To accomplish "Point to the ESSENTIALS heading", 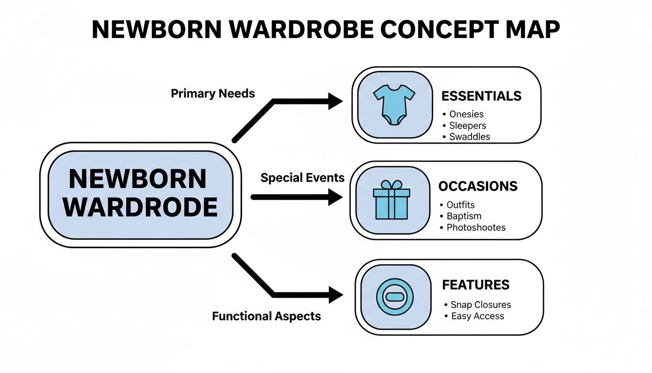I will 481,96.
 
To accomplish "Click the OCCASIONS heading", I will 478,186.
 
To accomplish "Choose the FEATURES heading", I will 475,285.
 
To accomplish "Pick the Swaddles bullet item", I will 470,136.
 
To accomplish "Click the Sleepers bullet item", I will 468,125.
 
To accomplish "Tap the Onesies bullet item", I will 466,115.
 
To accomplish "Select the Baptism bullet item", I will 464,216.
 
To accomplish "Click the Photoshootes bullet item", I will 476,227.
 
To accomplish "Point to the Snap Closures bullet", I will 480,305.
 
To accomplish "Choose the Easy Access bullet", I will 477,316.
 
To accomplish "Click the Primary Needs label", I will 212,94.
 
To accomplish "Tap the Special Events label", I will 302,178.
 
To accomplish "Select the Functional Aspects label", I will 266,317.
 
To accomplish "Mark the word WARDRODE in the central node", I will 140,207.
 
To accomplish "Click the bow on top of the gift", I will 391,185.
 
